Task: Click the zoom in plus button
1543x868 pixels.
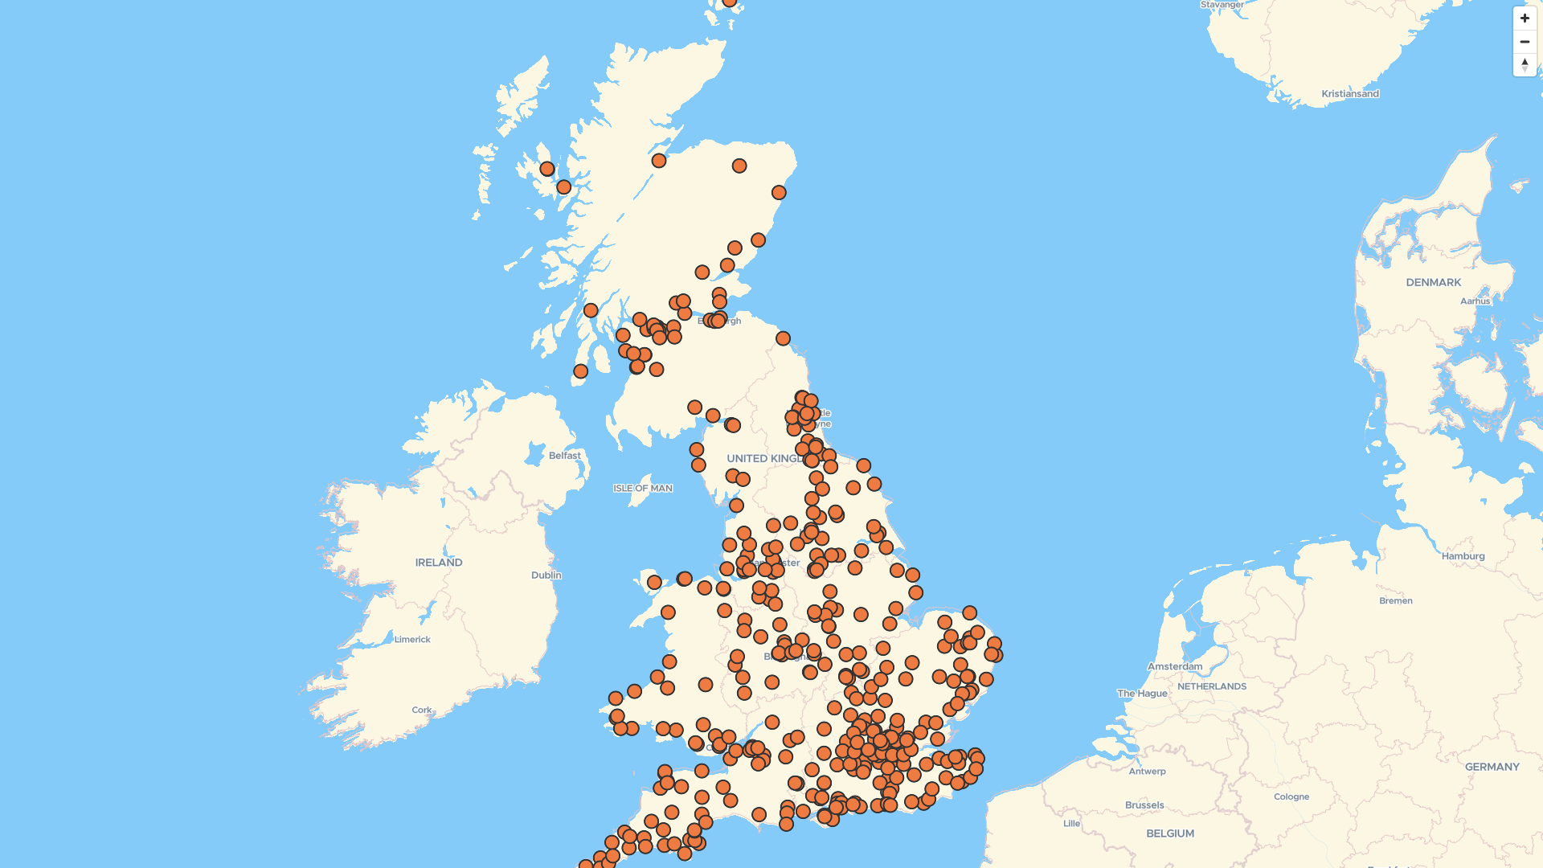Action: click(1525, 18)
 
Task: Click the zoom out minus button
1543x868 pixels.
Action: click(1525, 42)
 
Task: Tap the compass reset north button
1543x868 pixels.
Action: click(1525, 64)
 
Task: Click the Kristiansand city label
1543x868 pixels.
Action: click(1349, 94)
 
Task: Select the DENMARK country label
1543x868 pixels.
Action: click(1433, 283)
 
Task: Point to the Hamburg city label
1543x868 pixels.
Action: click(1463, 556)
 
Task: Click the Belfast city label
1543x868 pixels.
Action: click(564, 456)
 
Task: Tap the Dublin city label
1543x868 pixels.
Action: click(546, 575)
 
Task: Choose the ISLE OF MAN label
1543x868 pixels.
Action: click(642, 489)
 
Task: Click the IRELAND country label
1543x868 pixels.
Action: click(438, 563)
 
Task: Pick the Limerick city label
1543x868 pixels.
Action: click(412, 640)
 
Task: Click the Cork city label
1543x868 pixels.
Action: click(421, 710)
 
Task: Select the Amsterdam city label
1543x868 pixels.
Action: click(1174, 667)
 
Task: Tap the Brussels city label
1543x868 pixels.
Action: click(1144, 805)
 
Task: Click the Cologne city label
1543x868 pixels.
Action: click(1291, 797)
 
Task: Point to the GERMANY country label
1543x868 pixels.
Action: click(1492, 768)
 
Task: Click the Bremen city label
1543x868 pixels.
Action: click(1395, 601)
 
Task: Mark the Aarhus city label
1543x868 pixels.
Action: click(1475, 301)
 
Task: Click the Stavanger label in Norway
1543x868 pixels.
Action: click(1222, 5)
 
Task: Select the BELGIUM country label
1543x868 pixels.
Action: click(1169, 834)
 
